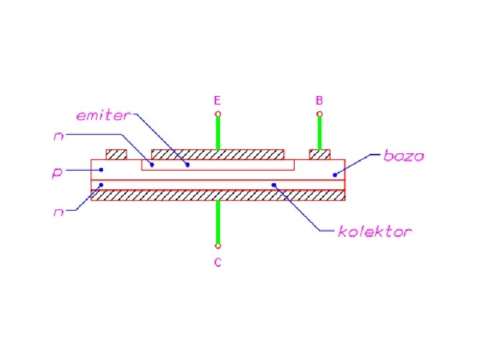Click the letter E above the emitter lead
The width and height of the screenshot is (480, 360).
[x=217, y=101]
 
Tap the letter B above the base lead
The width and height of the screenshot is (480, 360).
[x=319, y=101]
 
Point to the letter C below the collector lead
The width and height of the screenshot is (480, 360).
[x=217, y=262]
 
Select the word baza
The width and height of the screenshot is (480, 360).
[x=404, y=156]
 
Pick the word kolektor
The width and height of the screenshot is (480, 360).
[x=375, y=232]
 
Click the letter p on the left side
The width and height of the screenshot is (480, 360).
[x=57, y=173]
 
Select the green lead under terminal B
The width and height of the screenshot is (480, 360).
[x=319, y=133]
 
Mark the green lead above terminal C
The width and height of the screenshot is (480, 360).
[x=217, y=223]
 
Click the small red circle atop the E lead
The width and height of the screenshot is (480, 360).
[x=217, y=115]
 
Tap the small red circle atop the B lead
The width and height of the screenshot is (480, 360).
[x=319, y=115]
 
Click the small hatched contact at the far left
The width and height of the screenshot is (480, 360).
[x=117, y=155]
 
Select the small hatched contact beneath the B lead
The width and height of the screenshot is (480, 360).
[x=319, y=155]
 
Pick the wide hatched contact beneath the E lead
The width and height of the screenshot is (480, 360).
[x=218, y=155]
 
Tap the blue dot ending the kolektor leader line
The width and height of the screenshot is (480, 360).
[x=273, y=185]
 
